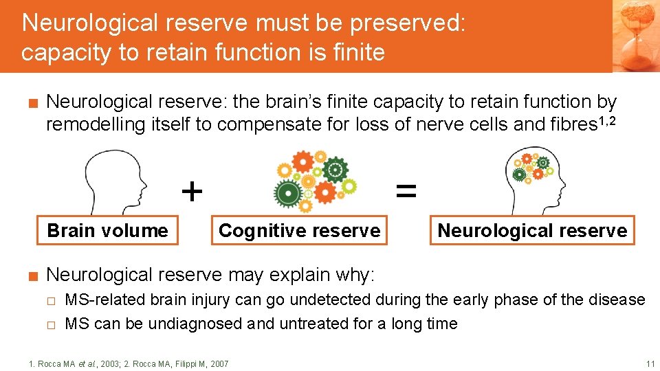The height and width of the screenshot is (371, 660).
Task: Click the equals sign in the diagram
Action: pos(406,192)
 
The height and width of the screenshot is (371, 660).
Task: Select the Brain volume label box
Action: pos(107,230)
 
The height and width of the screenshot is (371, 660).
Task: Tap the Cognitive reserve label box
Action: pos(299,230)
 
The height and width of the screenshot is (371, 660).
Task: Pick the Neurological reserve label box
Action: pos(532,230)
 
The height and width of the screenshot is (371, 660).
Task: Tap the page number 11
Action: pos(650,363)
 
